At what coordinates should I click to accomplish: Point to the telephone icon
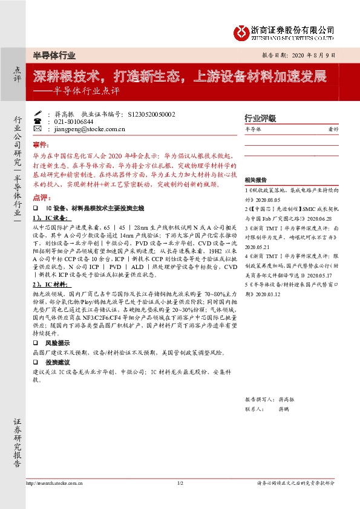pos(37,121)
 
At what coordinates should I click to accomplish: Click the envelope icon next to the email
pos(37,129)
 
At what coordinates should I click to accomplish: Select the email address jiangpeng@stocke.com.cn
pos(82,129)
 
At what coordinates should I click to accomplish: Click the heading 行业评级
pos(260,118)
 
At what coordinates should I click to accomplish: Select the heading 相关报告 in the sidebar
pos(255,180)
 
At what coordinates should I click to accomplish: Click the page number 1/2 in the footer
pos(180,484)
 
